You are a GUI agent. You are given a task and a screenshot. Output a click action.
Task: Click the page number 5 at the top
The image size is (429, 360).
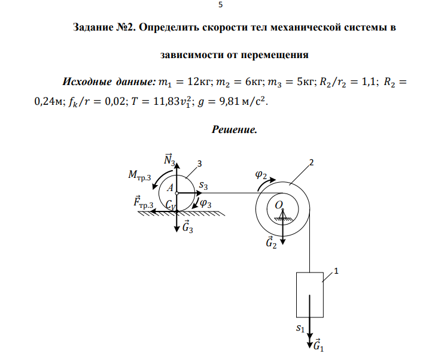tap(220, 5)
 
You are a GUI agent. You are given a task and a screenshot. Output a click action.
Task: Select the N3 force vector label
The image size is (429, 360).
tap(169, 160)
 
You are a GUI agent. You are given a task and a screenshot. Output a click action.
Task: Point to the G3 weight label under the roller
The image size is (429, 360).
tap(187, 227)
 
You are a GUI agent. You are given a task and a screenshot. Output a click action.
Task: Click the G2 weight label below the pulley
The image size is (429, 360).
tap(271, 242)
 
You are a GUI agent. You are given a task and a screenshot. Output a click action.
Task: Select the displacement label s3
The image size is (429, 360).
tap(204, 186)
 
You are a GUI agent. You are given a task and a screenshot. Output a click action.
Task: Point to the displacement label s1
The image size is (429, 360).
tap(300, 328)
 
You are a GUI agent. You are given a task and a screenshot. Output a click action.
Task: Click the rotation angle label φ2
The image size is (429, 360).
tap(260, 174)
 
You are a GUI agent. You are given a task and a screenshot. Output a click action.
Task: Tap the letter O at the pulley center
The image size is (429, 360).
tap(278, 205)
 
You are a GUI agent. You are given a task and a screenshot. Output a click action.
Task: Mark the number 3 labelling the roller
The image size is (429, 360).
tap(199, 163)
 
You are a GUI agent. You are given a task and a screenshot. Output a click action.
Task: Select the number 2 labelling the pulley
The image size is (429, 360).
tap(311, 162)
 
